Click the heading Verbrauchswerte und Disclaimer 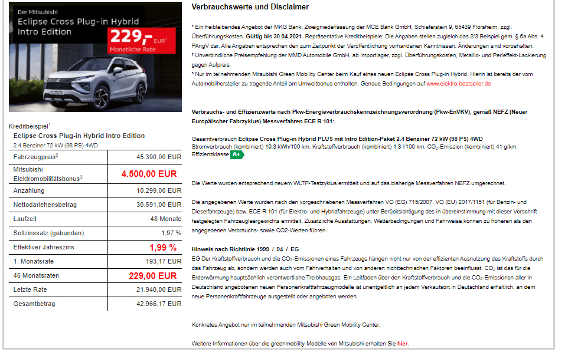pos(250,7)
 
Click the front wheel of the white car pos(100,96)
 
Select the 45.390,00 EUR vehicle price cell pos(158,157)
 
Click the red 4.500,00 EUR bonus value pos(149,174)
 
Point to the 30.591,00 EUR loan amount pos(158,205)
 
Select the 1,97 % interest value pos(171,233)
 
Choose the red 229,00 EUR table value pos(152,275)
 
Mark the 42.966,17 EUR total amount pos(158,304)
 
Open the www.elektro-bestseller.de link pos(459,84)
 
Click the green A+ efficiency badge pos(237,154)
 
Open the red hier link pos(402,343)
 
